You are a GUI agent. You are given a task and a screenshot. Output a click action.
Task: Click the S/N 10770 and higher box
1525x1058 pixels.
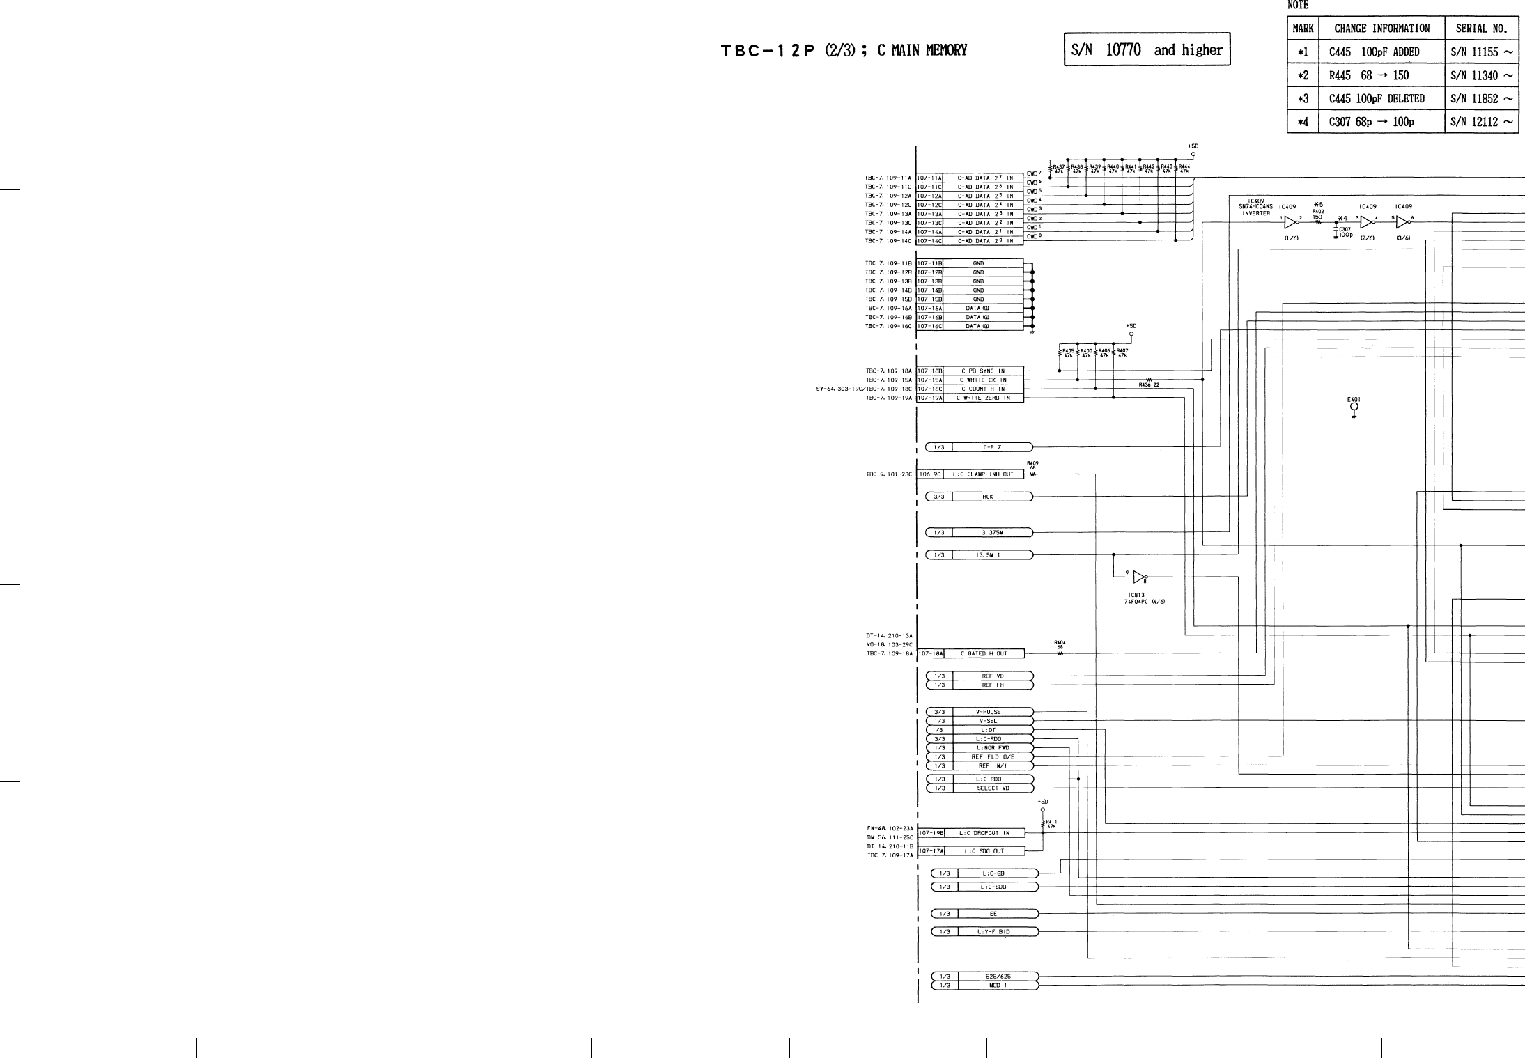click(x=1147, y=49)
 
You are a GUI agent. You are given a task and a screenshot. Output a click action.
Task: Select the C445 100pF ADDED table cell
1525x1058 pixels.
click(x=1374, y=52)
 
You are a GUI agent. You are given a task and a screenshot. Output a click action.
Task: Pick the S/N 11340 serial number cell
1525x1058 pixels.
click(x=1481, y=75)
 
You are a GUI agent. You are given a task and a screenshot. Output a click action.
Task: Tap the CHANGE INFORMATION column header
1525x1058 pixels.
click(x=1381, y=29)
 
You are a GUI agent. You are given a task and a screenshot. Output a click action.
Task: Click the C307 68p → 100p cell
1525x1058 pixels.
click(x=1371, y=122)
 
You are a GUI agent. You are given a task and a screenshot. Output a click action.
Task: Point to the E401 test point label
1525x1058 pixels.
click(x=1354, y=400)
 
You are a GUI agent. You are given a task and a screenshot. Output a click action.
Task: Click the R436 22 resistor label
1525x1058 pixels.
click(x=1149, y=384)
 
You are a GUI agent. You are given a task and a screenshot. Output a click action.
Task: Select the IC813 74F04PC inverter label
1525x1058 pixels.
click(x=1144, y=598)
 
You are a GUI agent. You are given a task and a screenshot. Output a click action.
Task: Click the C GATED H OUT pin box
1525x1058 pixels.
click(x=984, y=653)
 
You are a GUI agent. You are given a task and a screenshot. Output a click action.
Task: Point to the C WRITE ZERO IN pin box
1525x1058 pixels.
click(x=982, y=398)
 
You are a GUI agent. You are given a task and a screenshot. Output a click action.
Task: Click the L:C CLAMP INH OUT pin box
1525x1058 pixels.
click(x=984, y=474)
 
